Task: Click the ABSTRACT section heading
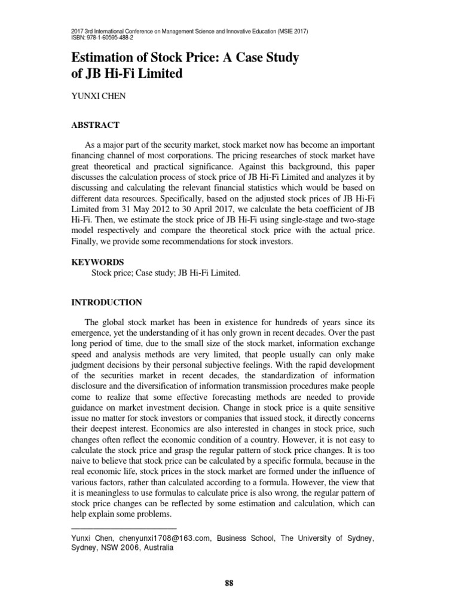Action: [x=96, y=125]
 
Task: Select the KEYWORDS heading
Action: [x=97, y=262]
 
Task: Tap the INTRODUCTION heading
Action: [x=106, y=302]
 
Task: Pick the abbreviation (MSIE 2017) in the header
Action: [x=290, y=30]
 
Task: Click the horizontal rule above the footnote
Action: [x=124, y=528]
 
